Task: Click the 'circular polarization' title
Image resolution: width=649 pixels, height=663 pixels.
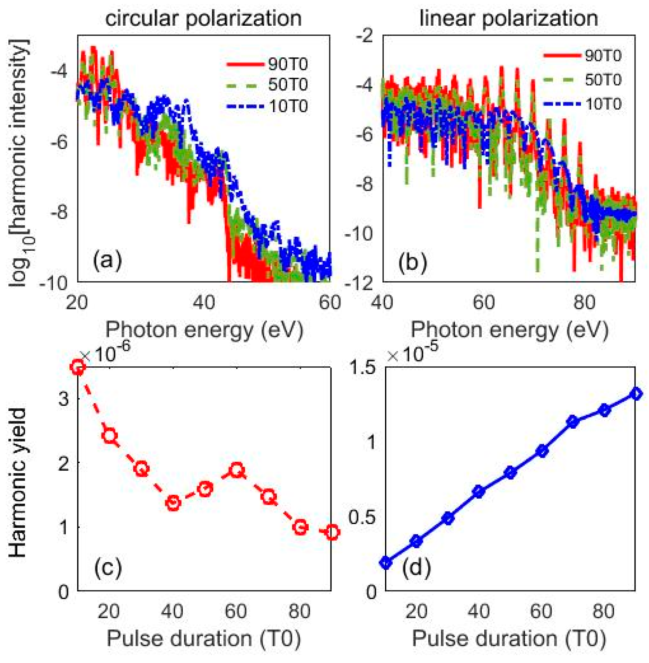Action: click(203, 18)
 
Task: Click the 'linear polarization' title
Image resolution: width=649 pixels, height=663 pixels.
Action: click(509, 18)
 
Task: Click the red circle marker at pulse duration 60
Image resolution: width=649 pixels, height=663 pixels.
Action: click(237, 470)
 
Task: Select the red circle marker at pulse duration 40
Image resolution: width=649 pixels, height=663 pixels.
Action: click(173, 503)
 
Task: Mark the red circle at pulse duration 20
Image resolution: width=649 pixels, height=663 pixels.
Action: click(110, 436)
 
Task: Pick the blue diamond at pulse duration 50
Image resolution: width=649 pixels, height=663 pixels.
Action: click(510, 473)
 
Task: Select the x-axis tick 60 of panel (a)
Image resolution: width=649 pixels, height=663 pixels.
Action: click(330, 302)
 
